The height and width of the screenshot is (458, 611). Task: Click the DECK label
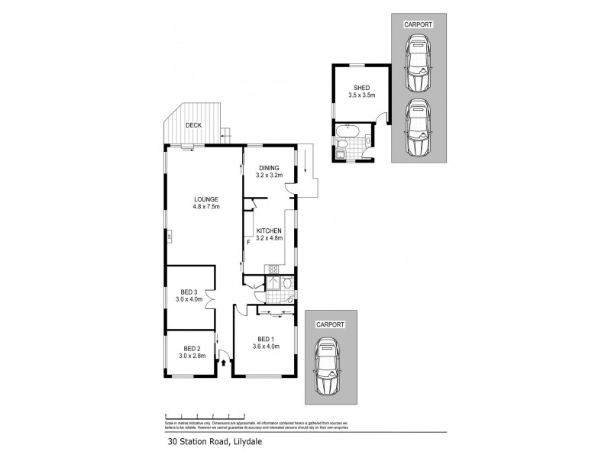pyautogui.click(x=192, y=125)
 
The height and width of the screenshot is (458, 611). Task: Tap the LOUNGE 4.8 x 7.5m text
pyautogui.click(x=206, y=203)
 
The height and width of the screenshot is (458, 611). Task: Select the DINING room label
pyautogui.click(x=269, y=172)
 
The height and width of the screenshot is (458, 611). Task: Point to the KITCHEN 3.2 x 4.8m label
pyautogui.click(x=269, y=234)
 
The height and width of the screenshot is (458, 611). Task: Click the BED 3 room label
pyautogui.click(x=189, y=296)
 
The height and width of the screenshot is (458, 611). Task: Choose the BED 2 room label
pyautogui.click(x=189, y=350)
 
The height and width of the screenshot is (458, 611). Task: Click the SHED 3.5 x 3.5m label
pyautogui.click(x=362, y=92)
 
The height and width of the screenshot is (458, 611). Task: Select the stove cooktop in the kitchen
pyautogui.click(x=273, y=269)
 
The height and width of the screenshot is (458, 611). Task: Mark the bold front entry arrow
pyautogui.click(x=224, y=361)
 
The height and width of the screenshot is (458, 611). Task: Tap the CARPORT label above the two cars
pyautogui.click(x=418, y=24)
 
